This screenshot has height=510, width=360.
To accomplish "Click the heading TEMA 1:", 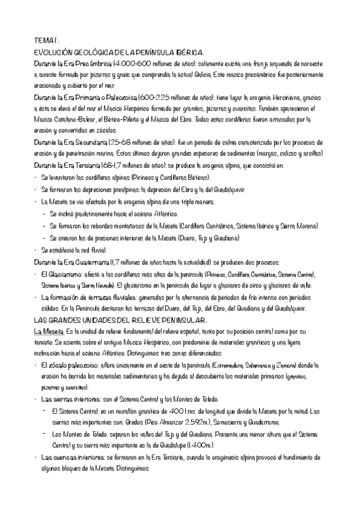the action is pyautogui.click(x=46, y=40).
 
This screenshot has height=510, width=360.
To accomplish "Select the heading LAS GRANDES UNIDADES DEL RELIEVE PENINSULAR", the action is pyautogui.click(x=121, y=320).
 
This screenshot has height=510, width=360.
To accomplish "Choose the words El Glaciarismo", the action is pyautogui.click(x=61, y=274).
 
